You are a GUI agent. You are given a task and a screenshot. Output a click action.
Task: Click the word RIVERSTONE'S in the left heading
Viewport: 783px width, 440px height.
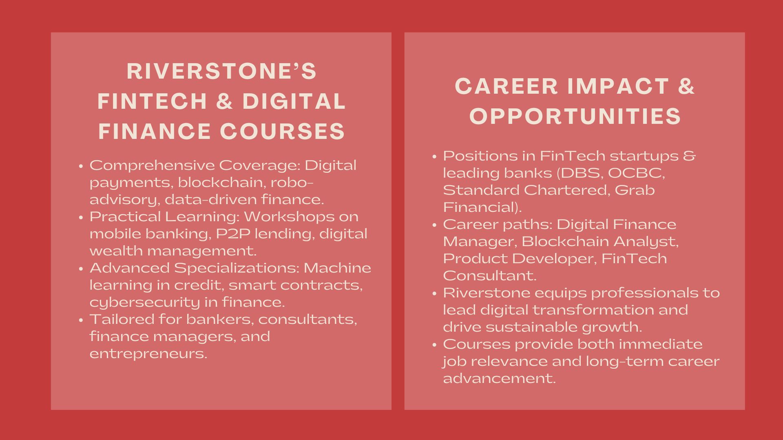pyautogui.click(x=221, y=71)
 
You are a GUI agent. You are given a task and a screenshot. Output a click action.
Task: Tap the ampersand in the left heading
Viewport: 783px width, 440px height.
pyautogui.click(x=225, y=101)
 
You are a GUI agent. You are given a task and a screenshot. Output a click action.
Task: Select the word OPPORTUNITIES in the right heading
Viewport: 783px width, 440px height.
pyautogui.click(x=575, y=116)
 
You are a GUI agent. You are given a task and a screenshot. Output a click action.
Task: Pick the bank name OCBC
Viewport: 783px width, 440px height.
pyautogui.click(x=636, y=173)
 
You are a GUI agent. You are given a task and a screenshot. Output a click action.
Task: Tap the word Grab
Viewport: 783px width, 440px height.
pyautogui.click(x=635, y=190)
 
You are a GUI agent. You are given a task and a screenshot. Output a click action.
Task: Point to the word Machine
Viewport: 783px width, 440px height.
pyautogui.click(x=337, y=268)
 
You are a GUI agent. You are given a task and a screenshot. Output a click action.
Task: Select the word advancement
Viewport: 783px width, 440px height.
pyautogui.click(x=500, y=378)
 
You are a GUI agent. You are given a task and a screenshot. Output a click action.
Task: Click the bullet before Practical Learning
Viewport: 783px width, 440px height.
pyautogui.click(x=81, y=217)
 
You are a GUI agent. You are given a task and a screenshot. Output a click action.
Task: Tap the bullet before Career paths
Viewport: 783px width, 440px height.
pyautogui.click(x=435, y=225)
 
